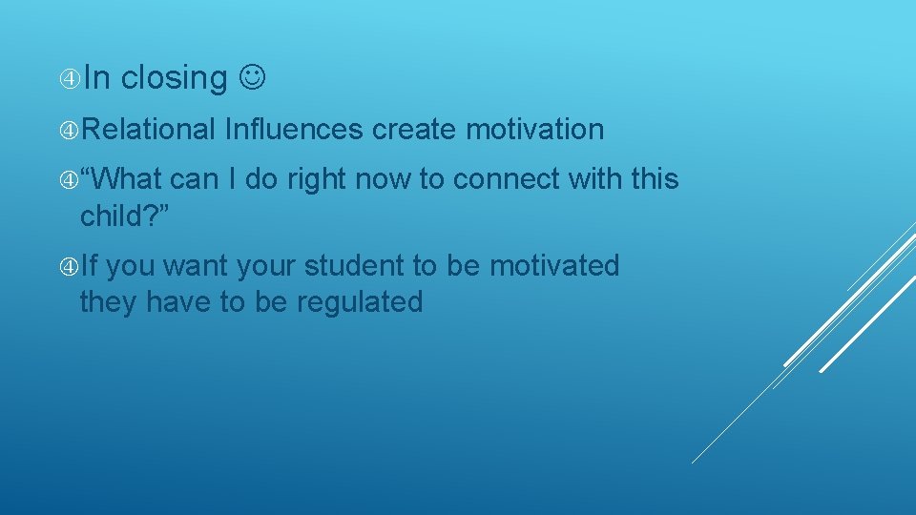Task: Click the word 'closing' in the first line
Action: [x=175, y=78]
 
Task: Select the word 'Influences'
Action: [x=294, y=129]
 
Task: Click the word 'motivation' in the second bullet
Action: [x=535, y=129]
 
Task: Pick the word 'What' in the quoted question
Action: [x=130, y=179]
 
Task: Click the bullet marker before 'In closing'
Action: [x=68, y=78]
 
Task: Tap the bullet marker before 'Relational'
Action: [x=68, y=129]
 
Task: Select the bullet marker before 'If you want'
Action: [x=68, y=265]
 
